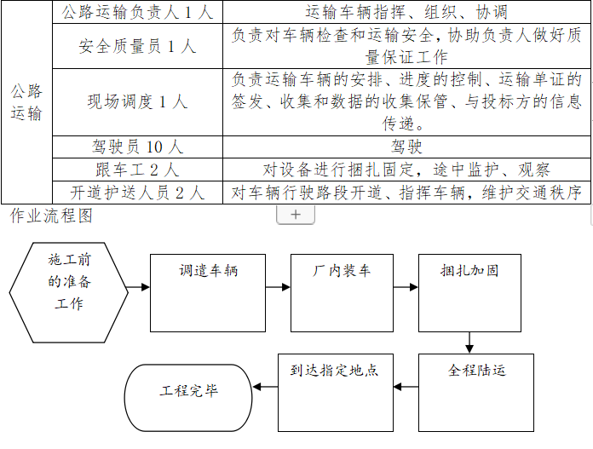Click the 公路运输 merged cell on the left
26,102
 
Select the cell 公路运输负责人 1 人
137,13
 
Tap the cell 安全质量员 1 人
137,46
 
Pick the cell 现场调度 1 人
137,101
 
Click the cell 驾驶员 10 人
137,147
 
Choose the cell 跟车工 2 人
137,169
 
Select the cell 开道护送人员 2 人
137,192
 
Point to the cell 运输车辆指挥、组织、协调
407,13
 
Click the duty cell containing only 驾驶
407,147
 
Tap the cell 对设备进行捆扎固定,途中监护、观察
407,169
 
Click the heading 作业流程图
51,216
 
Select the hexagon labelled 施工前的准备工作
71,291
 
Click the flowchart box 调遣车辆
208,292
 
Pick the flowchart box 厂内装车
341,292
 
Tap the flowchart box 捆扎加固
469,292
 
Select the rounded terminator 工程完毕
189,393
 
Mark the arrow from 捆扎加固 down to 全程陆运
469,343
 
